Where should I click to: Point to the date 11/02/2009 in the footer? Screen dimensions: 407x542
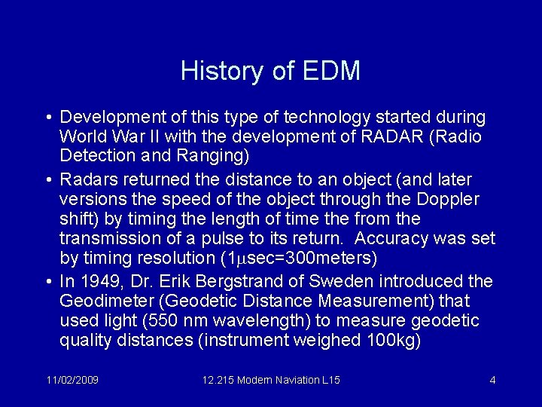[72, 380]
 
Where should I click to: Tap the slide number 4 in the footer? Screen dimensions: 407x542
[492, 380]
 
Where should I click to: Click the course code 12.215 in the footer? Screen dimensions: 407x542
[218, 380]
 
